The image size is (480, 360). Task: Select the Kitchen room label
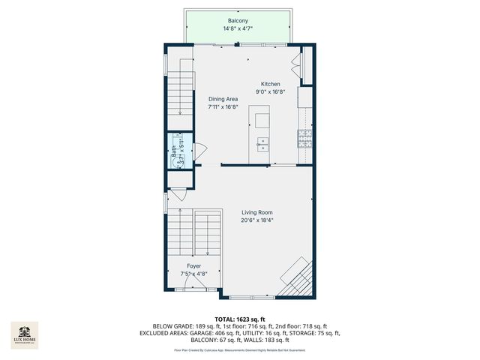[x=270, y=84]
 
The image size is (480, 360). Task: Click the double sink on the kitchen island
[x=263, y=144]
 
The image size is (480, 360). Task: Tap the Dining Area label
[x=223, y=98]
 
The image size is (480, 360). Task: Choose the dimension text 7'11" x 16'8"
[x=223, y=106]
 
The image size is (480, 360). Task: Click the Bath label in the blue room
[x=174, y=150]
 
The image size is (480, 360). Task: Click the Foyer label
[x=193, y=265]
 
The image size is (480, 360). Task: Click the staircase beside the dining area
[x=181, y=90]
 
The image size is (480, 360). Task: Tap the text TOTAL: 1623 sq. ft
[x=240, y=319]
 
